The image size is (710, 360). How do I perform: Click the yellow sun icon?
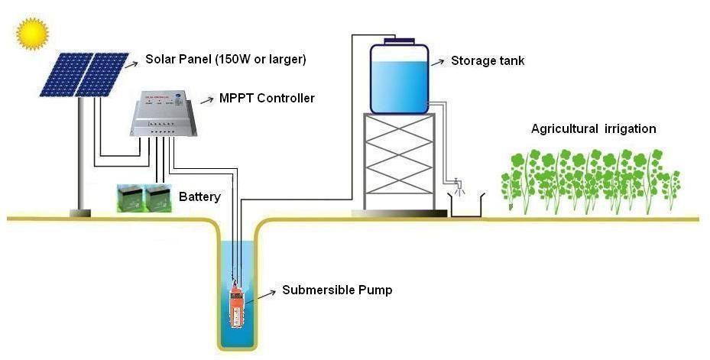(x=32, y=33)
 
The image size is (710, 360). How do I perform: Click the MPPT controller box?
(x=162, y=115)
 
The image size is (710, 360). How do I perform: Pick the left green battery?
(x=131, y=198)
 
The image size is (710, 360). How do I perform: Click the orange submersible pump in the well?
(x=235, y=306)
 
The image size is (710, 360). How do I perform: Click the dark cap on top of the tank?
(x=399, y=40)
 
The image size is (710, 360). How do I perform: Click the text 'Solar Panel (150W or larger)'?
(x=230, y=59)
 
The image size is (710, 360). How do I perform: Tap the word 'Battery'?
(x=199, y=196)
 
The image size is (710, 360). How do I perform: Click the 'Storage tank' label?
(x=488, y=61)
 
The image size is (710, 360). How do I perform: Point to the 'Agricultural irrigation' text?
(x=593, y=128)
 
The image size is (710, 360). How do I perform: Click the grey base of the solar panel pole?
(x=80, y=212)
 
